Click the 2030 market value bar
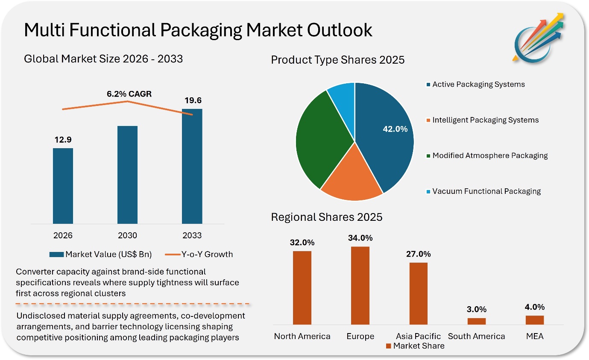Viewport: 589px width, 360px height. (128, 175)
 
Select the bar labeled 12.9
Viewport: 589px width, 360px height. (63, 186)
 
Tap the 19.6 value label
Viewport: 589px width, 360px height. (193, 100)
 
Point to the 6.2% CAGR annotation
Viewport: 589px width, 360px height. (129, 94)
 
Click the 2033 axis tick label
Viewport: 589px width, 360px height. (192, 235)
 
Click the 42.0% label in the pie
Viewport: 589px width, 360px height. (395, 129)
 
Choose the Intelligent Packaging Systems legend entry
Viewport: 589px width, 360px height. (483, 120)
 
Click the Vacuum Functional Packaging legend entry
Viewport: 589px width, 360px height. (484, 191)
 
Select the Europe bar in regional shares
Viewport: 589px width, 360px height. (360, 286)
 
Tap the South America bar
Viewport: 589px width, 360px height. (477, 321)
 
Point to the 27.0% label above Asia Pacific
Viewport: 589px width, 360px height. (418, 254)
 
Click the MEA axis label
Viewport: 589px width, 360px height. (535, 336)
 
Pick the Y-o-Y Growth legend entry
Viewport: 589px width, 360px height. (199, 254)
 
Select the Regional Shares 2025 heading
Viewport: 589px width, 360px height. (327, 217)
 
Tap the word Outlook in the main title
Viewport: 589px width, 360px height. (340, 30)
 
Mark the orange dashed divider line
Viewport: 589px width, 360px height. (132, 304)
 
